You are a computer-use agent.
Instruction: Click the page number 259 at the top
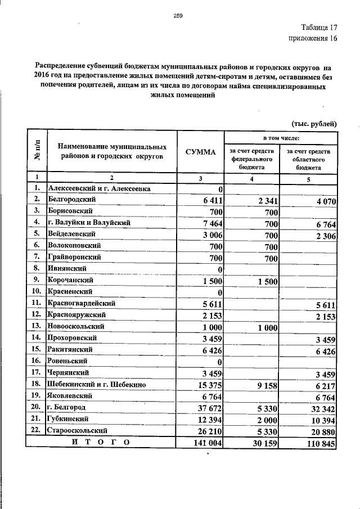(178, 16)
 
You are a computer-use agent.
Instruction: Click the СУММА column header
(200, 152)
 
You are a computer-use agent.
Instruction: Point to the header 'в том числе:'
(281, 138)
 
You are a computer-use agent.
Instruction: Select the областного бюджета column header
(309, 159)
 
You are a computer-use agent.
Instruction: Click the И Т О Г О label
(101, 443)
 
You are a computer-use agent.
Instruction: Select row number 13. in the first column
(37, 327)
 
